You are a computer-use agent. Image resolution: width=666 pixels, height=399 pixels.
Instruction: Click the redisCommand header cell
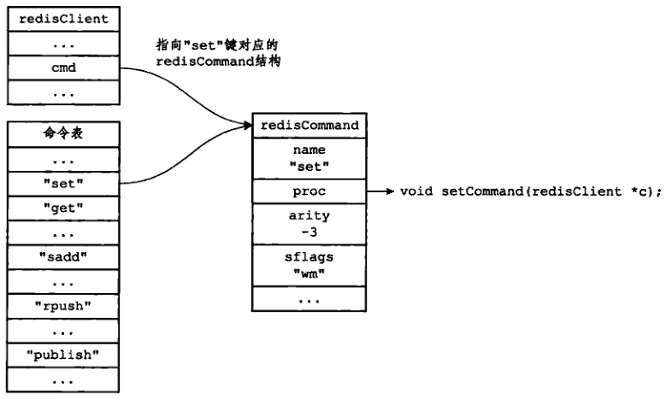(x=309, y=125)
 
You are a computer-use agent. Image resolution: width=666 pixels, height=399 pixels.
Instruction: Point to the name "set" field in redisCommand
(x=309, y=157)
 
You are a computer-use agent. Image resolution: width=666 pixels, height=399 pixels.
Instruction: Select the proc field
(x=309, y=191)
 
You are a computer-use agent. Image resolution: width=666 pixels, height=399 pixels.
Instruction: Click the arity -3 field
(x=309, y=225)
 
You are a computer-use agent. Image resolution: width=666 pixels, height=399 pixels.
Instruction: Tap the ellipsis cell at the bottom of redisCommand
(x=309, y=299)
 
